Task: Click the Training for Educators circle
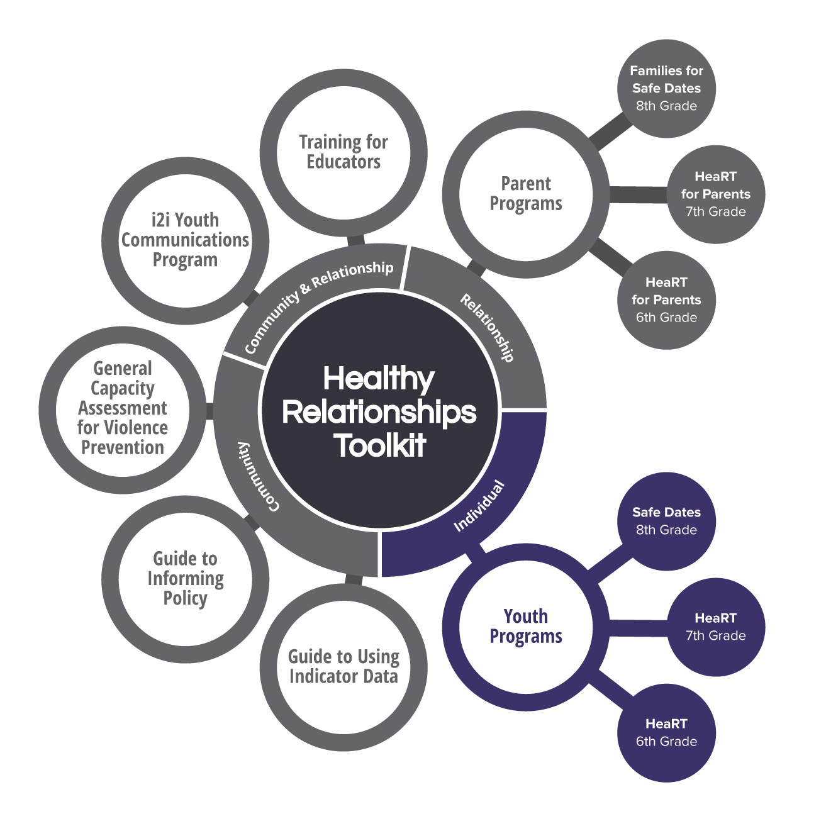tap(343, 152)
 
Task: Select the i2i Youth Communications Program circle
tap(185, 240)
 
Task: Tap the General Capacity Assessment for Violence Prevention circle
tap(123, 408)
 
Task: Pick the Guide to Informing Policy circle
tap(185, 579)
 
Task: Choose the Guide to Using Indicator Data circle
tap(343, 667)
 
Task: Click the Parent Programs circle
tap(526, 194)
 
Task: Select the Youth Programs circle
tap(526, 627)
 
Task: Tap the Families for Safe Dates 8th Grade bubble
tap(666, 88)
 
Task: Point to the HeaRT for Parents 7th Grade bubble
tap(715, 194)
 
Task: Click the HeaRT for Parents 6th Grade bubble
tap(666, 299)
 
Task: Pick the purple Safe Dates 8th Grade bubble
tap(666, 521)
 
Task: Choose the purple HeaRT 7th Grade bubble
tap(715, 627)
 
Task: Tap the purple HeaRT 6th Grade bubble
tap(666, 732)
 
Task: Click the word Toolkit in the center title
tap(380, 445)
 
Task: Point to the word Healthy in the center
tap(379, 379)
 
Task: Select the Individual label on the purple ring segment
tap(479, 506)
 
